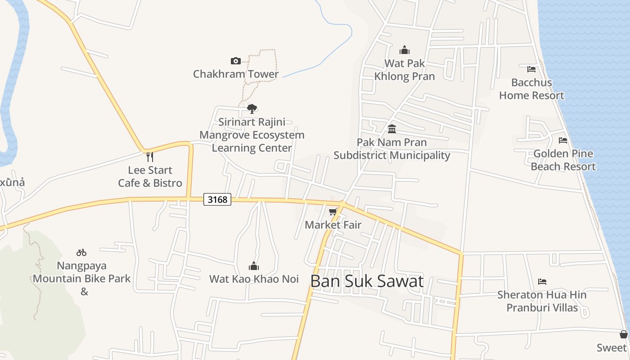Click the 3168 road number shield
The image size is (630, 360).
click(217, 199)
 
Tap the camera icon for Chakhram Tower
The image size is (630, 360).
click(235, 61)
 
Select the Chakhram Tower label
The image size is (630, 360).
click(236, 74)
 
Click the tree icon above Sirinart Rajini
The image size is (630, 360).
click(252, 108)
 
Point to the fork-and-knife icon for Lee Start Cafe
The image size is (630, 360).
click(150, 157)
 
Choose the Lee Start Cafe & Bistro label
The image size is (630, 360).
click(150, 176)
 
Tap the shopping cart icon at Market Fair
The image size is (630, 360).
click(333, 211)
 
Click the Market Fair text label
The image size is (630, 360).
click(333, 225)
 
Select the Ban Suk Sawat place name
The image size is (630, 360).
click(367, 281)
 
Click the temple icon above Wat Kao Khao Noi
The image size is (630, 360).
click(254, 266)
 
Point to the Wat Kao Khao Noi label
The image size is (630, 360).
click(254, 279)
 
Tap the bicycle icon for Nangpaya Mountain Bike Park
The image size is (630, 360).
click(81, 252)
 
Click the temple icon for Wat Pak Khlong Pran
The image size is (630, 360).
click(405, 50)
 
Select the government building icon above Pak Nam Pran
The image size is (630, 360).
click(392, 129)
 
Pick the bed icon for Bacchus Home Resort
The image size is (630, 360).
click(531, 69)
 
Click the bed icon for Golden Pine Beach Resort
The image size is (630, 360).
click(563, 140)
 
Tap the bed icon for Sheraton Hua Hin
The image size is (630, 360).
click(542, 282)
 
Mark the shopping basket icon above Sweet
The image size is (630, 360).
click(623, 334)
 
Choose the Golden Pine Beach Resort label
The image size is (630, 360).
click(563, 160)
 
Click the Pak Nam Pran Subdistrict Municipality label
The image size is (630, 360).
click(392, 149)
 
